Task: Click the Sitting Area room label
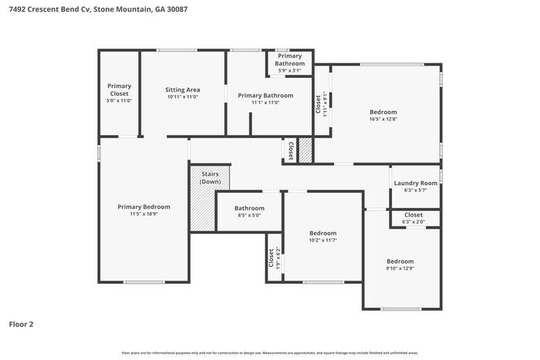point(182,89)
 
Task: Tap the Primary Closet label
point(120,89)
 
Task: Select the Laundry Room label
point(415,183)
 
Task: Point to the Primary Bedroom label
point(143,207)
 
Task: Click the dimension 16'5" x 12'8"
point(383,119)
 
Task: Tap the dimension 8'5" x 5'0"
point(249,216)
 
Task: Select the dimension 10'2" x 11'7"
point(322,241)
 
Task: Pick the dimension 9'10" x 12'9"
point(400,268)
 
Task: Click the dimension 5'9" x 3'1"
point(289,70)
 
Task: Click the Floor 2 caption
point(21,325)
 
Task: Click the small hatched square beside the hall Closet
point(305,150)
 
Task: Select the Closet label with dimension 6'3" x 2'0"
point(413,214)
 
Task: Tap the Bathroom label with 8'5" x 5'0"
point(249,208)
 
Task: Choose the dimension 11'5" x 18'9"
point(143,215)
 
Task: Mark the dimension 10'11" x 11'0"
point(182,97)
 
